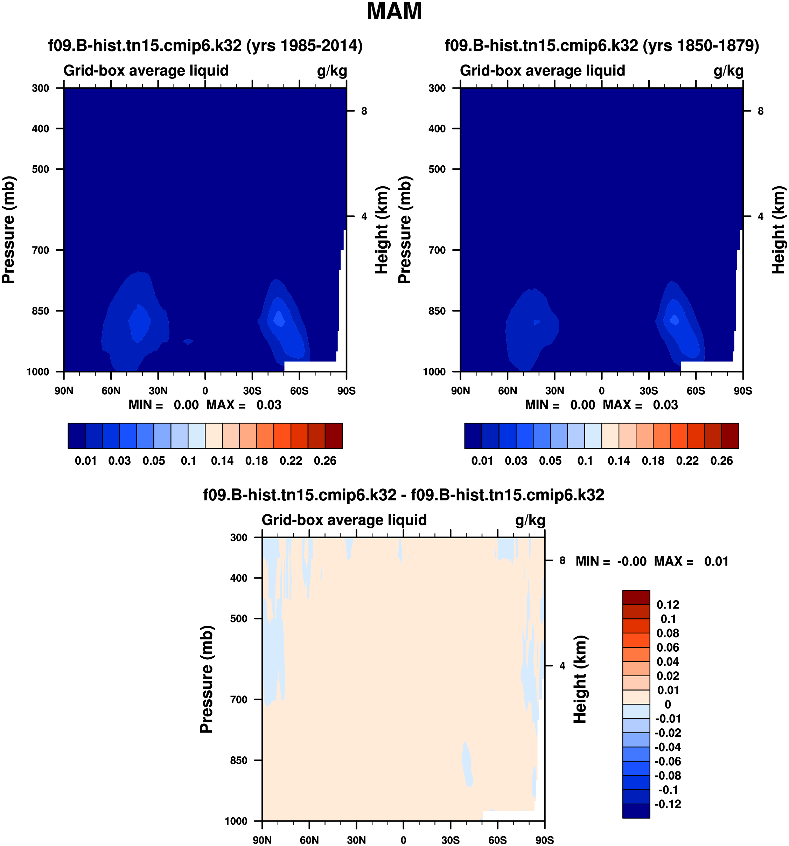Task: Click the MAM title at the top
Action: [x=394, y=12]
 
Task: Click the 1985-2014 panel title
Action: [x=205, y=46]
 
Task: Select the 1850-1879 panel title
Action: [x=602, y=46]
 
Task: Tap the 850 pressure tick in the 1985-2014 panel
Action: [x=41, y=311]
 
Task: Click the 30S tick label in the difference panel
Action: [x=451, y=840]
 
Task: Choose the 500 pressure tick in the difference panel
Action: [x=239, y=619]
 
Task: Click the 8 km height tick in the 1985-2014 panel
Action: [x=364, y=111]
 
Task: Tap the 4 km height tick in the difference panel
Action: [x=562, y=666]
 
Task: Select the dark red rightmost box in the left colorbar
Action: [x=334, y=436]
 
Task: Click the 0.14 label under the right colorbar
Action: [x=619, y=461]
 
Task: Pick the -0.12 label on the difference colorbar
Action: [x=668, y=804]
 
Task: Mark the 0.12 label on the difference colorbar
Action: [x=668, y=605]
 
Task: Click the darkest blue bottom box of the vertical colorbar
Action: [x=636, y=811]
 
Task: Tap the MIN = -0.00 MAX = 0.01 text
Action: [x=652, y=561]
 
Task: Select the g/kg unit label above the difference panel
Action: [x=530, y=520]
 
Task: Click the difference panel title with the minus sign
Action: [x=403, y=495]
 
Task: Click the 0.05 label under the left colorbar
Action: [x=154, y=461]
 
